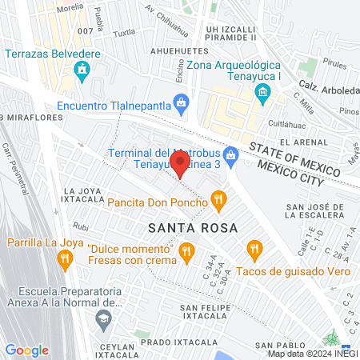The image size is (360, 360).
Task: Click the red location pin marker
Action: (x=181, y=166)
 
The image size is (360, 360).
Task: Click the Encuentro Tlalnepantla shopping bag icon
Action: (x=182, y=103)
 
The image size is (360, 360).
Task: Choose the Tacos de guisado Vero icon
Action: (x=254, y=250)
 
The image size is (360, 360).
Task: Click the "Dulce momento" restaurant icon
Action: (x=186, y=253)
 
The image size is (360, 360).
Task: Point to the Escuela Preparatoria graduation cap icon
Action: (x=103, y=319)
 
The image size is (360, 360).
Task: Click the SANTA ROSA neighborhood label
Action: (x=192, y=227)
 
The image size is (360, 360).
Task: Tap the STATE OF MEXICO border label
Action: (x=298, y=154)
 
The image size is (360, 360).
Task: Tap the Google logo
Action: (x=27, y=350)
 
